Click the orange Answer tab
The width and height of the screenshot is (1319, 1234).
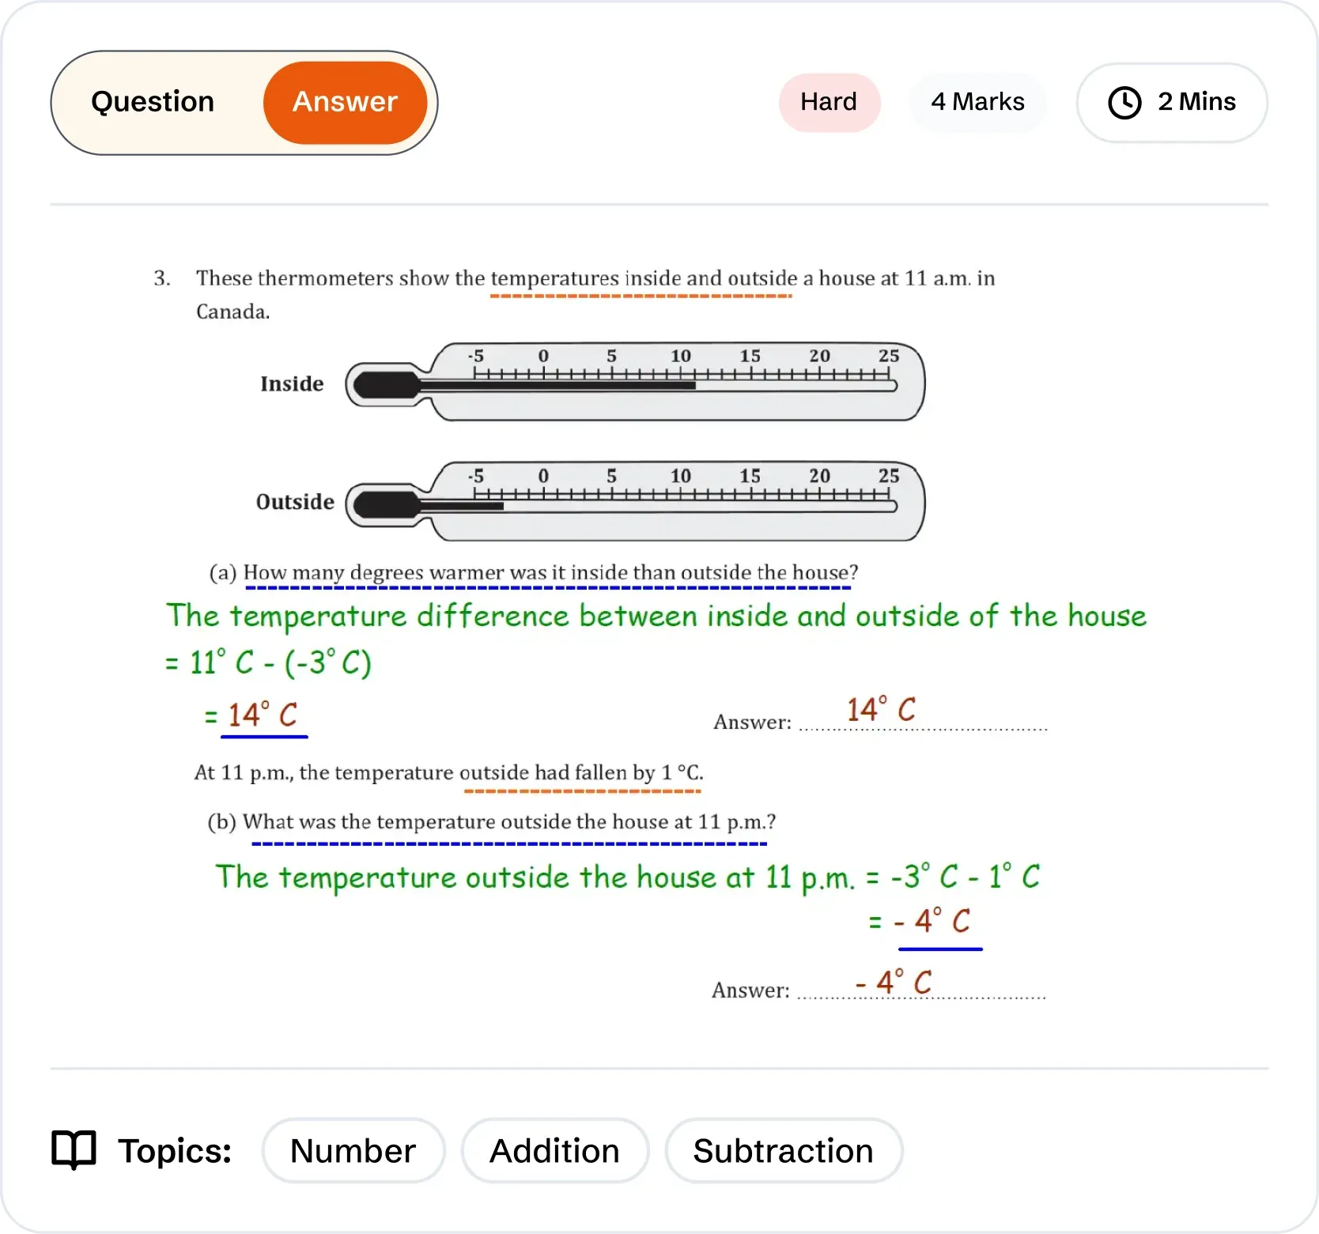pyautogui.click(x=345, y=103)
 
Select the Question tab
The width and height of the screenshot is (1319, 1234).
pyautogui.click(x=153, y=103)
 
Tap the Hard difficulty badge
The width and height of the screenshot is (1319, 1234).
pyautogui.click(x=829, y=103)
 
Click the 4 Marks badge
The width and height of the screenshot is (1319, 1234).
pyautogui.click(x=977, y=103)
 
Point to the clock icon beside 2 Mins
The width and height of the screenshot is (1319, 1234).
pyautogui.click(x=1124, y=103)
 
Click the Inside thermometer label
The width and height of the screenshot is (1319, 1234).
pyautogui.click(x=292, y=384)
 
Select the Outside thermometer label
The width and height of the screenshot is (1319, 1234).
pyautogui.click(x=295, y=503)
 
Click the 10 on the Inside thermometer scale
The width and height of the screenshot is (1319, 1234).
pyautogui.click(x=680, y=357)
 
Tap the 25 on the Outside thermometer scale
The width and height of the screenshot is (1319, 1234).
pyautogui.click(x=889, y=476)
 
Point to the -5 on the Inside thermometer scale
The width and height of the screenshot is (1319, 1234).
pyautogui.click(x=475, y=357)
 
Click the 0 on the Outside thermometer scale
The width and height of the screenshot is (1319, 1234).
pyautogui.click(x=543, y=476)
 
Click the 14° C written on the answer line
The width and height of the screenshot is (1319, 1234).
pyautogui.click(x=881, y=710)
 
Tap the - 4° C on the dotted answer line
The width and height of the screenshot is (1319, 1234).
pyautogui.click(x=894, y=983)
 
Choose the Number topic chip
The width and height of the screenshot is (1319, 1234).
pyautogui.click(x=353, y=1151)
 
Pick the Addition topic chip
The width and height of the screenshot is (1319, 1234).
pyautogui.click(x=554, y=1151)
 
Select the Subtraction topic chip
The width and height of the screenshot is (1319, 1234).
pyautogui.click(x=783, y=1151)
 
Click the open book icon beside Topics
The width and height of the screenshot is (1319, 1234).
pyautogui.click(x=74, y=1149)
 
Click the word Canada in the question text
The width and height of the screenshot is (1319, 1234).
pyautogui.click(x=232, y=312)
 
